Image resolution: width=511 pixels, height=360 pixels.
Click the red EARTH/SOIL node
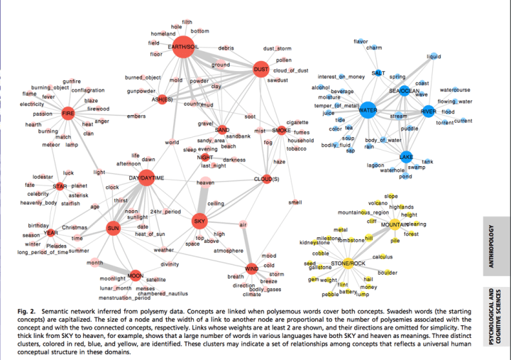(182, 48)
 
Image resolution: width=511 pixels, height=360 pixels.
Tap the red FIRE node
(68, 114)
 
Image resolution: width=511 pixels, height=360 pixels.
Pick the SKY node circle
(200, 222)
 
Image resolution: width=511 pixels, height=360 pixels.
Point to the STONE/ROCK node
(348, 263)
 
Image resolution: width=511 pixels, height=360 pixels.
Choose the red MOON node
(135, 276)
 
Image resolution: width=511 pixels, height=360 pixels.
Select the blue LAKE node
(406, 156)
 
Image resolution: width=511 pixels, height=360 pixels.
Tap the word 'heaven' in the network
(205, 183)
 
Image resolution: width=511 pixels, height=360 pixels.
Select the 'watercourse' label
(456, 90)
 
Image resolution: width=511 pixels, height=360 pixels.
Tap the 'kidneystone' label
(315, 243)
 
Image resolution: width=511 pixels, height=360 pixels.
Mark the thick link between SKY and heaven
(203, 202)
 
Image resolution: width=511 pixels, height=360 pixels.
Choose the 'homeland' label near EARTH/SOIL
(163, 33)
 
